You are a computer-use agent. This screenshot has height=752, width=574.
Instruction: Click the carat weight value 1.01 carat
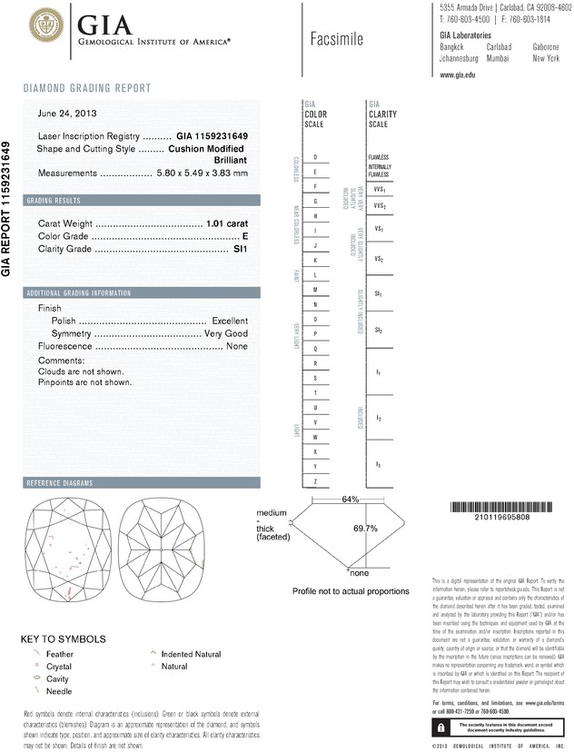click(227, 223)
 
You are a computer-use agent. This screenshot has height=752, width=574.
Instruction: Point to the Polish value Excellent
click(230, 321)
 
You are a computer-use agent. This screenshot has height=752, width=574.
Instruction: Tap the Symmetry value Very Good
click(226, 333)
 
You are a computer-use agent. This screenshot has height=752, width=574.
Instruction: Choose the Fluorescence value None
click(237, 346)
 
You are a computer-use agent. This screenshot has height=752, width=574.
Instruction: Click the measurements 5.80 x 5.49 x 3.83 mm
click(202, 173)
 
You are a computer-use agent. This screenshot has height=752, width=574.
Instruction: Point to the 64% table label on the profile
click(351, 500)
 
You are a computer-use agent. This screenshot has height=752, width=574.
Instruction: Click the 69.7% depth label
click(365, 528)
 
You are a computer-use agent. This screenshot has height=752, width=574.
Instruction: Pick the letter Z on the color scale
click(314, 480)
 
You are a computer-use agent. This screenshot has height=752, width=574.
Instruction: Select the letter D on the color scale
click(314, 157)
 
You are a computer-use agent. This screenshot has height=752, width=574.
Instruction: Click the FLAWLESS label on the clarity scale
click(379, 157)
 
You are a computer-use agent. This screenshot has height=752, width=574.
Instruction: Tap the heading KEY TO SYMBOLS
click(63, 638)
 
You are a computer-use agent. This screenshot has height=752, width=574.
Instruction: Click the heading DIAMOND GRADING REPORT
click(87, 88)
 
